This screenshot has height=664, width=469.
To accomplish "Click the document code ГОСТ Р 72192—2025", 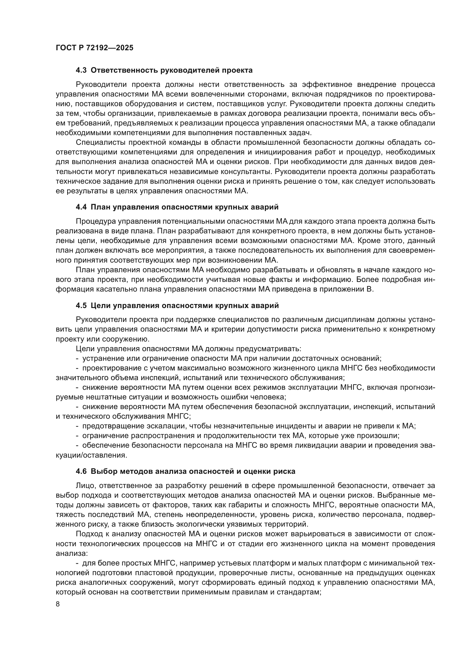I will pos(94,48).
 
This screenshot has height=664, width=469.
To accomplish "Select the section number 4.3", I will pos(81,70).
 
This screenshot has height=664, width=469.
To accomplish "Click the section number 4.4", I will pos(81,207).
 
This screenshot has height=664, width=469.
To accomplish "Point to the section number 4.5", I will pos(81,305).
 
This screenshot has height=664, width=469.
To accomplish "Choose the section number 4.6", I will pos(81,472).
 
